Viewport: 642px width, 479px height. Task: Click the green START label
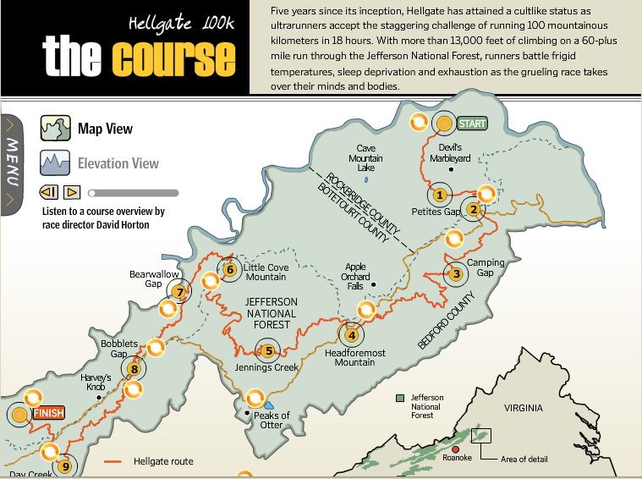[x=472, y=124]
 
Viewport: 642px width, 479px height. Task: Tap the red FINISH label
[x=47, y=414]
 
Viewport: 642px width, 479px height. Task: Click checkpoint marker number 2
[x=474, y=210]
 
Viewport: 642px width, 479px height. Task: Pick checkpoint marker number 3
[x=456, y=273]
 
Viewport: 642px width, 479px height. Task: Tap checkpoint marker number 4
[x=352, y=334]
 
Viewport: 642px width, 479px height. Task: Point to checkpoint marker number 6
[x=229, y=270]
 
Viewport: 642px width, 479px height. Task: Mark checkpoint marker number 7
[x=178, y=293]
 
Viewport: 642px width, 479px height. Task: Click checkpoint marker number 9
[x=65, y=465]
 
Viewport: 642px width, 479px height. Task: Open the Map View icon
[x=55, y=129]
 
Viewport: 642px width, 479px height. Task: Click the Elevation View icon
[x=55, y=162]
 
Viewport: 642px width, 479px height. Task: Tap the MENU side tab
[x=11, y=164]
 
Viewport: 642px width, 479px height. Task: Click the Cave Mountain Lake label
[x=365, y=157]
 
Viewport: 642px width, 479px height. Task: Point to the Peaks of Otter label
[x=272, y=420]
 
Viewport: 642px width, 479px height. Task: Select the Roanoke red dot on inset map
[x=456, y=449]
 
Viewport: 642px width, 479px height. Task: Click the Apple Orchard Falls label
[x=356, y=276]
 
